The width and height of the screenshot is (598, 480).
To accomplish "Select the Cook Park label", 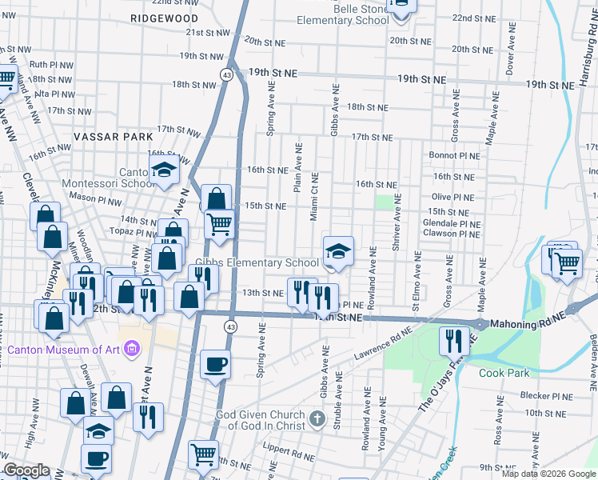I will tap(504, 373).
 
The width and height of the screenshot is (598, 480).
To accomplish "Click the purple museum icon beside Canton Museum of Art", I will tap(133, 349).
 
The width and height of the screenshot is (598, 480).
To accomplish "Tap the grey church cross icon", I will tap(317, 418).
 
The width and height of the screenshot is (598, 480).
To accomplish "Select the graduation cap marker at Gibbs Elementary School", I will tap(338, 251).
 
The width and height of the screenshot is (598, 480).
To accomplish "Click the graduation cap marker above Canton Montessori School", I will tap(164, 170).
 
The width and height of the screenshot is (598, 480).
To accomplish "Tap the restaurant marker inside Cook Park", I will tap(453, 341).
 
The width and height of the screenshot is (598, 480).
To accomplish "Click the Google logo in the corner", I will tap(26, 470).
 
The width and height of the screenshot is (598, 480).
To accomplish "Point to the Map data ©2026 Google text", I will tap(548, 474).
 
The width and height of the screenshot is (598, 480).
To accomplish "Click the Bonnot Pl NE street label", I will tap(454, 156).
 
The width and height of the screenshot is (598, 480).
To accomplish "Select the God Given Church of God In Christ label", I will tap(261, 420).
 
